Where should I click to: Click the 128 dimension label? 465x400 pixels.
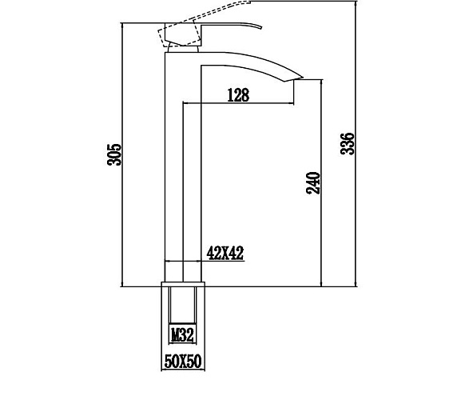(x=238, y=95)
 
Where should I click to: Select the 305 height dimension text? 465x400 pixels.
(x=114, y=154)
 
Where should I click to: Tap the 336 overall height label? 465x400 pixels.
(x=348, y=144)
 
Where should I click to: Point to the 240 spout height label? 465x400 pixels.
(x=313, y=183)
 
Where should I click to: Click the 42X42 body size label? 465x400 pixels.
(x=225, y=253)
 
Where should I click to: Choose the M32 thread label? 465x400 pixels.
(x=182, y=335)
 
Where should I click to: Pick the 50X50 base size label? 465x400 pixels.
(x=183, y=361)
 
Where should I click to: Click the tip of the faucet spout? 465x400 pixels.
(x=303, y=78)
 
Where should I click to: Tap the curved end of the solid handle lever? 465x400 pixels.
(x=261, y=28)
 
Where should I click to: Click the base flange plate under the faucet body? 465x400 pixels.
(x=183, y=284)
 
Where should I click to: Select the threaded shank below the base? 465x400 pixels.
(x=183, y=305)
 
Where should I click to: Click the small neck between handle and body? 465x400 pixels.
(x=183, y=49)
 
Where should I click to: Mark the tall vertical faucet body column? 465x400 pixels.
(x=183, y=167)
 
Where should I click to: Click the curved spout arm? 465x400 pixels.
(x=252, y=64)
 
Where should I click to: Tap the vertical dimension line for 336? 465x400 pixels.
(x=356, y=144)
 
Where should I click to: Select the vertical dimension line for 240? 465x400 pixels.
(x=321, y=183)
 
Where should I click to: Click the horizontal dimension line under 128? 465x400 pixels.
(x=238, y=103)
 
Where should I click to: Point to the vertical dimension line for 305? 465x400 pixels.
(x=122, y=154)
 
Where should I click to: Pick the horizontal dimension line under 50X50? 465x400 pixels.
(x=183, y=370)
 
